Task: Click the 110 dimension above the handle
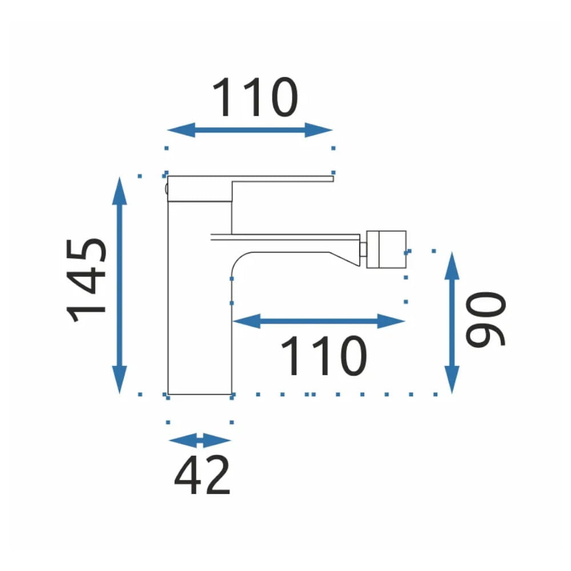pyautogui.click(x=255, y=97)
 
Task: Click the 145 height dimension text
pyautogui.click(x=87, y=280)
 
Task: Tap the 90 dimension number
pyautogui.click(x=486, y=319)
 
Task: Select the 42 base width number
pyautogui.click(x=202, y=475)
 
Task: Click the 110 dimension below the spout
pyautogui.click(x=324, y=355)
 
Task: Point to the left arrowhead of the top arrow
pyautogui.click(x=181, y=130)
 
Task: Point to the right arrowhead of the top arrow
pyautogui.click(x=319, y=130)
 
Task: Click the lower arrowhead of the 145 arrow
pyautogui.click(x=119, y=380)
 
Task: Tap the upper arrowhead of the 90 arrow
pyautogui.click(x=452, y=266)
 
